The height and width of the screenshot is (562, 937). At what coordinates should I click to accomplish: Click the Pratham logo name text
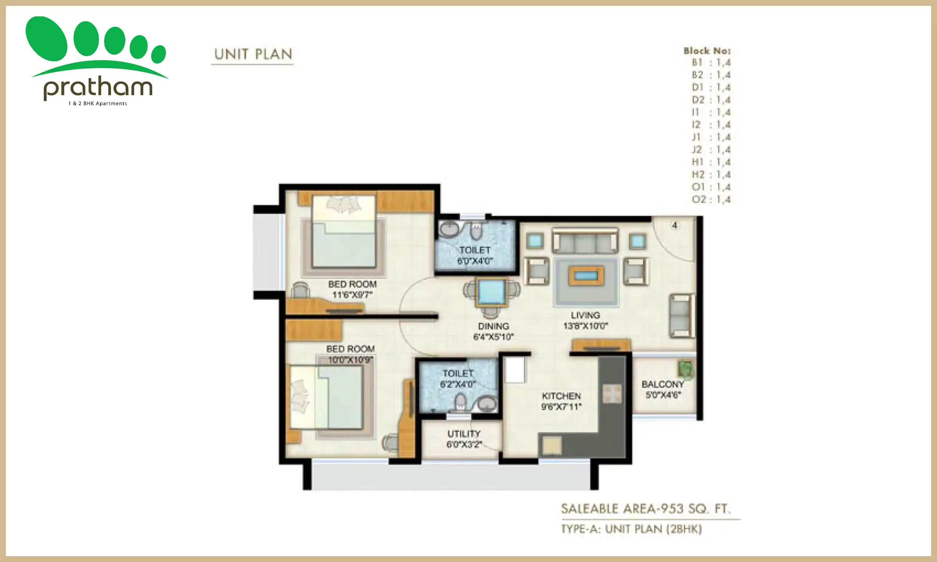(98, 88)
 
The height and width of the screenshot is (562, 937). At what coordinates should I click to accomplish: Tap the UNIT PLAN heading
(253, 54)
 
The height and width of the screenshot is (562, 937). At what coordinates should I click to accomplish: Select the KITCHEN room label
(561, 396)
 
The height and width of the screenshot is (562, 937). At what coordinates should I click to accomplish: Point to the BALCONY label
(663, 384)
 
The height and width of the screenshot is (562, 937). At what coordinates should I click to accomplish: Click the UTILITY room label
(464, 434)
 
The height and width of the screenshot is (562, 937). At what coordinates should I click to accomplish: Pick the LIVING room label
(585, 315)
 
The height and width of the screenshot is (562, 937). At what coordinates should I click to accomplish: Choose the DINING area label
(493, 326)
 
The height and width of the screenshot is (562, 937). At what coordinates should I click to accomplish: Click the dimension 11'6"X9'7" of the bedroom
(352, 295)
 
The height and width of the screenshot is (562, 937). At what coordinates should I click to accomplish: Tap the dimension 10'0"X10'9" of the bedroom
(350, 360)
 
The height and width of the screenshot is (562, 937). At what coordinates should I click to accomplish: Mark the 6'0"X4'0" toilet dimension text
(475, 261)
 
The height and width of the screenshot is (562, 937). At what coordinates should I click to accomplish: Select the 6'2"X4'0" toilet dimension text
(458, 384)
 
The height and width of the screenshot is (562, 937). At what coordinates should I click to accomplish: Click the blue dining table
(491, 292)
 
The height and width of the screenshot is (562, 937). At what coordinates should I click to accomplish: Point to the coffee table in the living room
(586, 276)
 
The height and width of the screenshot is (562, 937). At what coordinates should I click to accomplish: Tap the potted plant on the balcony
(686, 369)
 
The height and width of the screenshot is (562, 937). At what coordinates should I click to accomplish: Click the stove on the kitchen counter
(612, 394)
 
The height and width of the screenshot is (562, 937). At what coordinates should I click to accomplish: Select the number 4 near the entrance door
(674, 225)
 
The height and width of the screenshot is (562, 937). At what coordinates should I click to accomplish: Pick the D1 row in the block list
(711, 87)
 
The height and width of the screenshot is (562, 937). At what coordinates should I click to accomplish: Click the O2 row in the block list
(711, 199)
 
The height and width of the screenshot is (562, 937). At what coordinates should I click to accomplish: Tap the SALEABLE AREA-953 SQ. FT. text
(645, 509)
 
